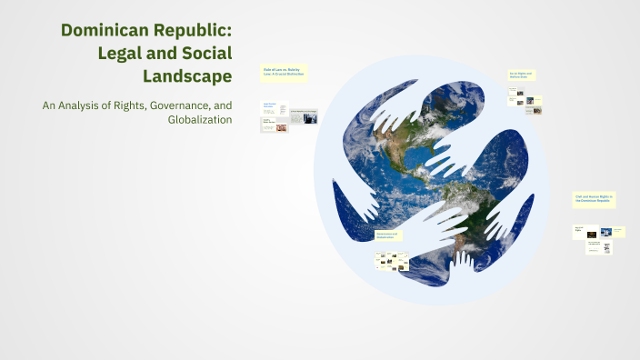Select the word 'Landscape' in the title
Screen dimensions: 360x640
[x=185, y=75]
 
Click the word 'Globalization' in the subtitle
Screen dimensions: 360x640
[x=200, y=119]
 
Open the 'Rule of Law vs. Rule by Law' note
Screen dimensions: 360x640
[x=284, y=73]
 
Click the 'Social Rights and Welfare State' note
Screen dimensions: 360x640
[x=521, y=75]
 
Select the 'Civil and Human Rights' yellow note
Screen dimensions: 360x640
[x=595, y=199]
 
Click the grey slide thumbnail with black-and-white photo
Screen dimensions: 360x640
[x=304, y=115]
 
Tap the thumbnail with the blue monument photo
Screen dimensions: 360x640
[x=606, y=232]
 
